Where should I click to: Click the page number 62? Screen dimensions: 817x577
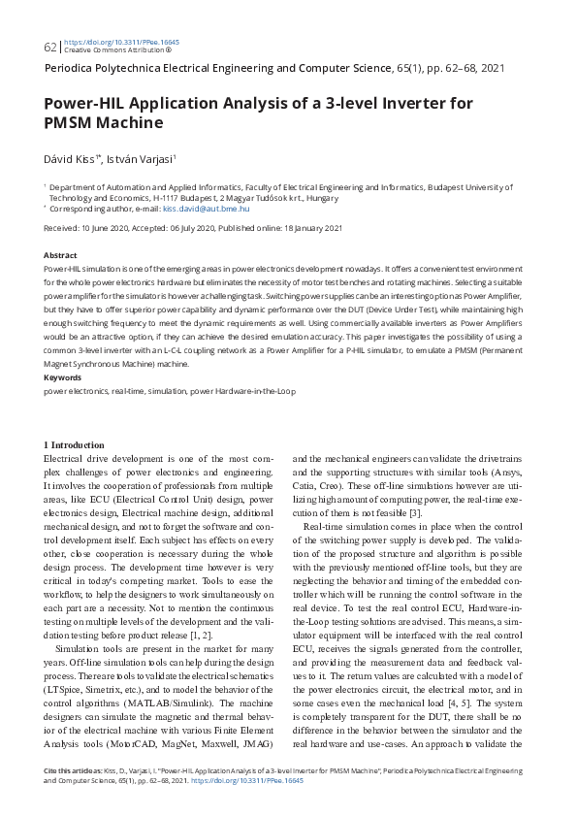[x=49, y=47]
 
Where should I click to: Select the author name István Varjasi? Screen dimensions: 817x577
[x=142, y=158]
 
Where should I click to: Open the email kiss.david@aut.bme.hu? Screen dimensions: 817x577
[x=207, y=208]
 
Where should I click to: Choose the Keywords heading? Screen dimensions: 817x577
[x=63, y=376]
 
